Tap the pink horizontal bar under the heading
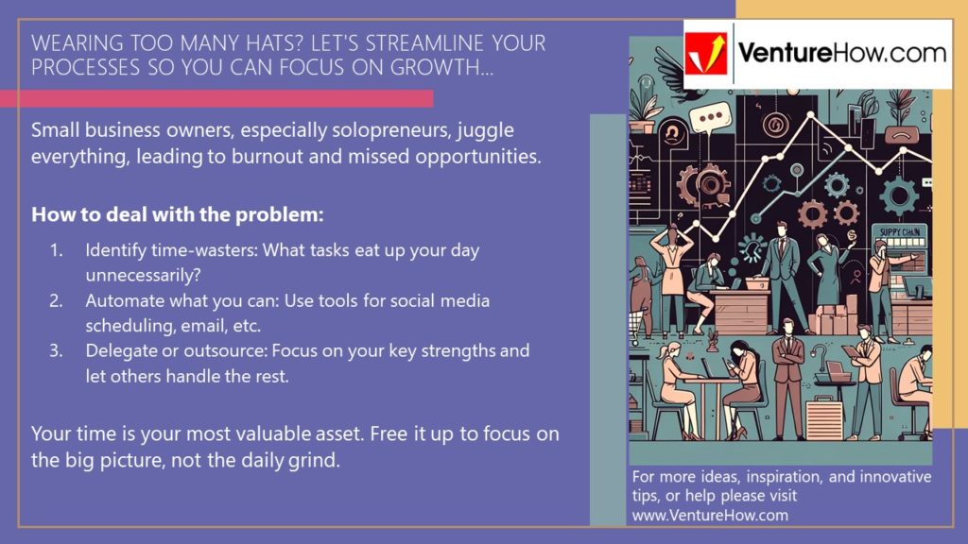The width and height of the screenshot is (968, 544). (x=216, y=98)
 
